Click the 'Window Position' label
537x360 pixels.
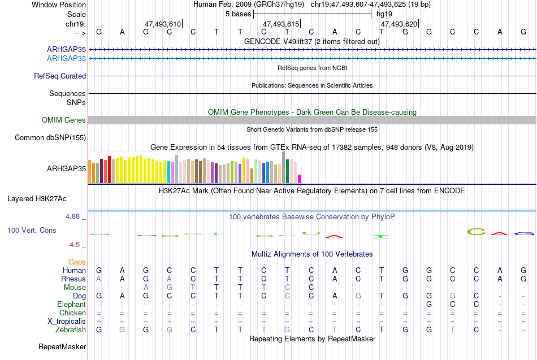tap(59, 5)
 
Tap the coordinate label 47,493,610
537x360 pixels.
tap(163, 24)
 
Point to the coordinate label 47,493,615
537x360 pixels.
tap(281, 24)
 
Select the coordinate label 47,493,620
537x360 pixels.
tap(399, 24)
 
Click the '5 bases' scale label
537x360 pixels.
tap(239, 14)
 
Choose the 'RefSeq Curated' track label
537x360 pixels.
tap(59, 76)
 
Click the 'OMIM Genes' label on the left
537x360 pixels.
tap(64, 120)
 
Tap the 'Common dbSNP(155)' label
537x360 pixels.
tap(50, 138)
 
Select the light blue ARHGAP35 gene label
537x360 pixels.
tap(66, 59)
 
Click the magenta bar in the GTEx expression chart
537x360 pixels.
tap(299, 179)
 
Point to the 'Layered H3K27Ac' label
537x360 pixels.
tap(37, 199)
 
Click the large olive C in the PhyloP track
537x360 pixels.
tap(477, 232)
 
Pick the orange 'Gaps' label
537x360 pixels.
tap(77, 262)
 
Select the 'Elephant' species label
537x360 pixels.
tap(71, 305)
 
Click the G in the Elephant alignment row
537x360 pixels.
tap(429, 305)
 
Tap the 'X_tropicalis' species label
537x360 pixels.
tap(67, 322)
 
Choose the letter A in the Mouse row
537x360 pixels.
tap(146, 288)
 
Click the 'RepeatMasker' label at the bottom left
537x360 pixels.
tap(62, 346)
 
